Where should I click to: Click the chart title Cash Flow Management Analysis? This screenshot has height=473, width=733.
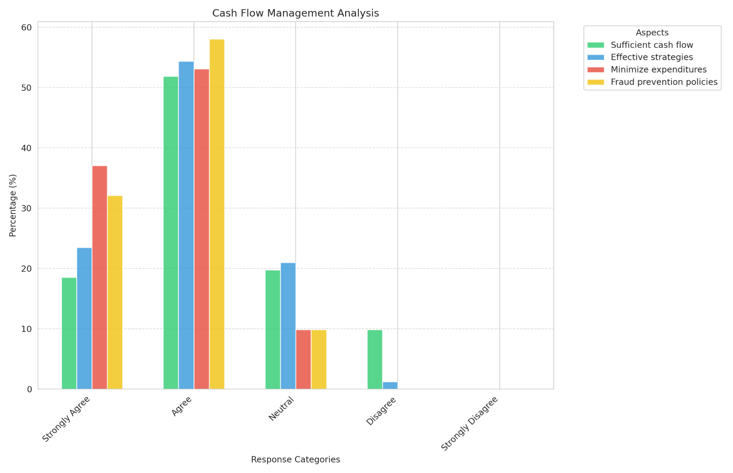pyautogui.click(x=295, y=13)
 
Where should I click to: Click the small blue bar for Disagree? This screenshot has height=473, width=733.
pyautogui.click(x=390, y=386)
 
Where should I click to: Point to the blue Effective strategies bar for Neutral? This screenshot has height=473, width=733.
pyautogui.click(x=288, y=326)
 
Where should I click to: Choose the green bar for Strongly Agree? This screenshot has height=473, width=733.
pyautogui.click(x=69, y=333)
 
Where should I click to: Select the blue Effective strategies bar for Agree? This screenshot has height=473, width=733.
pyautogui.click(x=186, y=225)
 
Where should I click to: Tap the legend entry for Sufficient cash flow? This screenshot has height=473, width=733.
pyautogui.click(x=652, y=45)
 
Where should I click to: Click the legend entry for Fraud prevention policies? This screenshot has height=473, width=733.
pyautogui.click(x=664, y=82)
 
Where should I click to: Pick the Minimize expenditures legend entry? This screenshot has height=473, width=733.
pyautogui.click(x=658, y=70)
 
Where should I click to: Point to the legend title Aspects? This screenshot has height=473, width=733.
pyautogui.click(x=652, y=33)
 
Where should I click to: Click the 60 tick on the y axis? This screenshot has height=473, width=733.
pyautogui.click(x=26, y=28)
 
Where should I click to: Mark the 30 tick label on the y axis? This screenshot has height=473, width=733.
pyautogui.click(x=26, y=208)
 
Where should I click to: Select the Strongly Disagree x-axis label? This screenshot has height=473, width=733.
pyautogui.click(x=470, y=423)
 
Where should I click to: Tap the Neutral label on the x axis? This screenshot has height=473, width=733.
pyautogui.click(x=281, y=409)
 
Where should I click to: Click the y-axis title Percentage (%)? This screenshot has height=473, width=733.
pyautogui.click(x=13, y=205)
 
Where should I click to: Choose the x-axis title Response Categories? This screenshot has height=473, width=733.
pyautogui.click(x=295, y=460)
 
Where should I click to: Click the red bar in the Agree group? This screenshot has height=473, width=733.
pyautogui.click(x=202, y=229)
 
